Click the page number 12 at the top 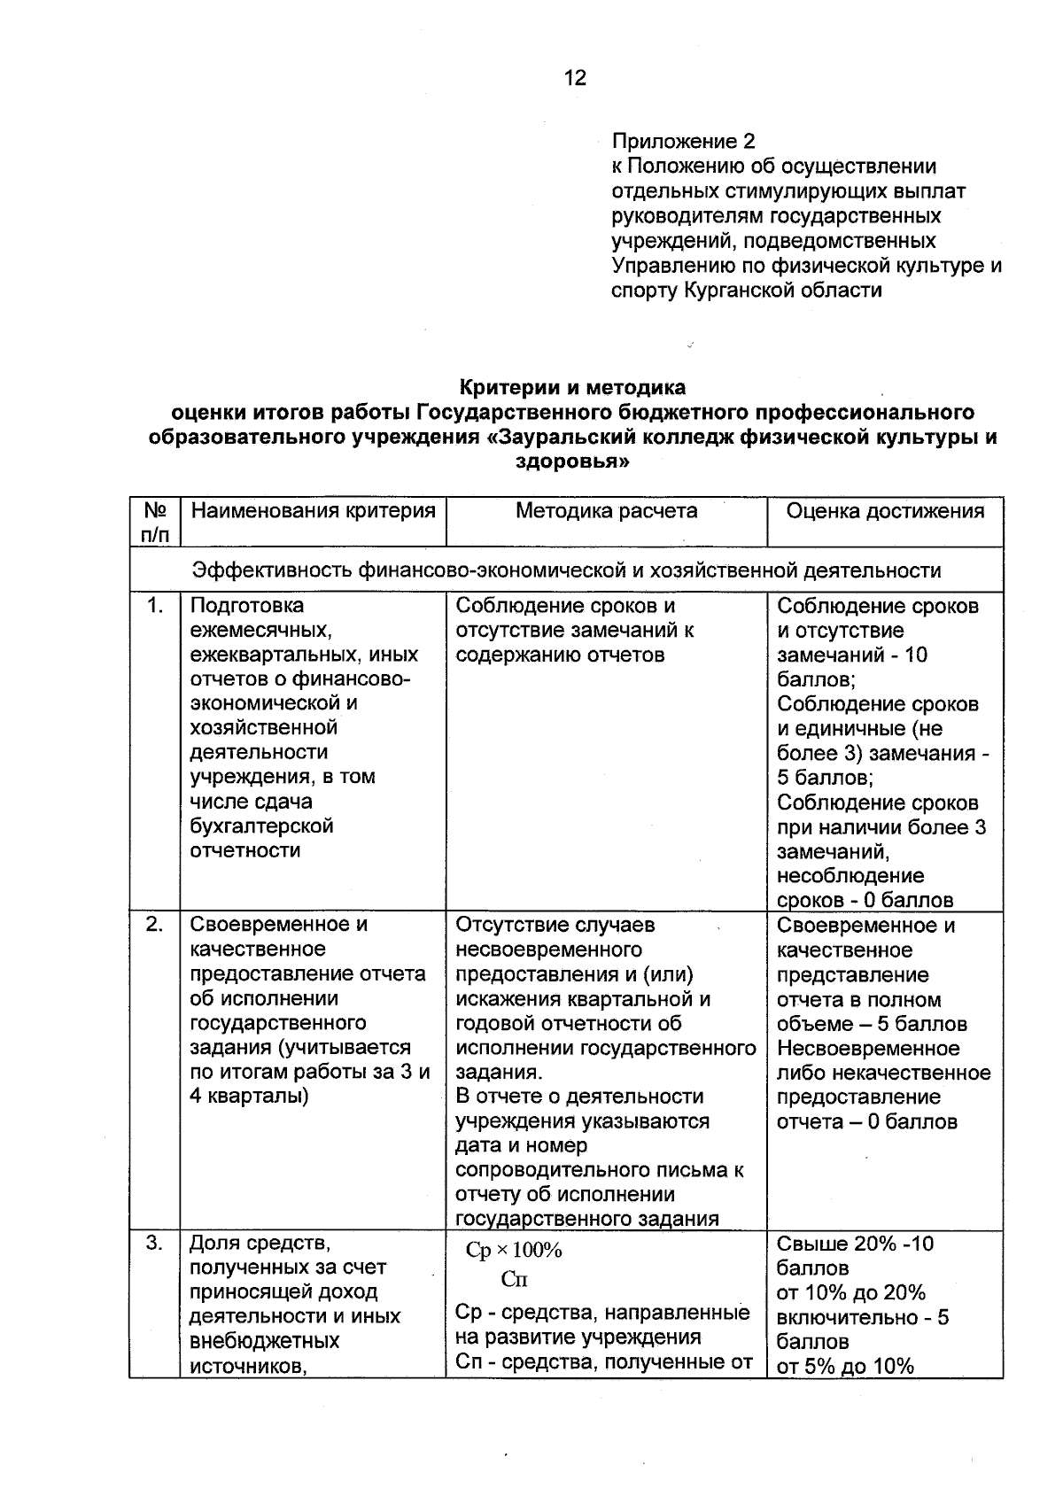[x=575, y=78]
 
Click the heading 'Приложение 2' [x=683, y=142]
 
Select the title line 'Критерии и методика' [x=572, y=387]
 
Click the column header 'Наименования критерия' [x=314, y=511]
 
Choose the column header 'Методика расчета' [x=607, y=511]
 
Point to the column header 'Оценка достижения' [x=885, y=511]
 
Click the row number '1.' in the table [x=155, y=606]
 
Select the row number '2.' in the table [x=155, y=925]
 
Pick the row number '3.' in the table [x=155, y=1244]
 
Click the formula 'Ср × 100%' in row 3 [x=514, y=1251]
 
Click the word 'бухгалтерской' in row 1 [x=261, y=826]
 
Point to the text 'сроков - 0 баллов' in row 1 [x=865, y=901]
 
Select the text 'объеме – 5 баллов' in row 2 [x=872, y=1025]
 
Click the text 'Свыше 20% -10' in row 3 [x=855, y=1244]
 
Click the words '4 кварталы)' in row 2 [x=250, y=1097]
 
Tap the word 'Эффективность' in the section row [x=273, y=570]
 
